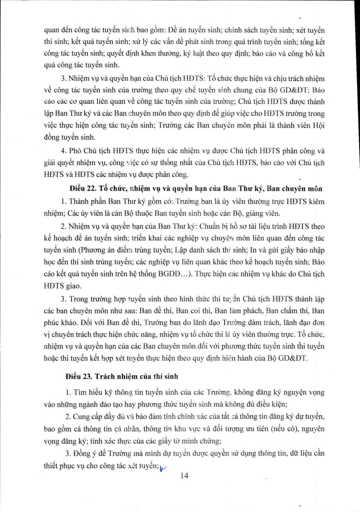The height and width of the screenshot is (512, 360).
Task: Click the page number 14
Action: (x=184, y=477)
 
